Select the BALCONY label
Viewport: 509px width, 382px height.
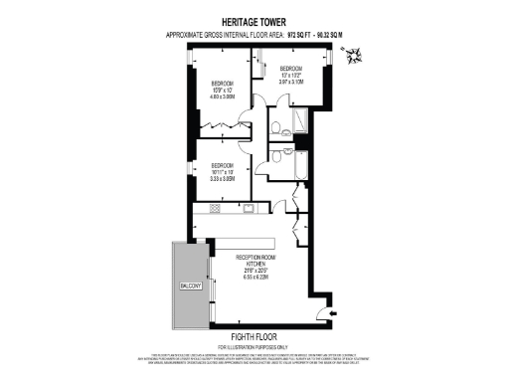191,286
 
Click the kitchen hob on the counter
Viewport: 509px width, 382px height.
214,209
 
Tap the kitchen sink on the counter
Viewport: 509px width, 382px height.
249,209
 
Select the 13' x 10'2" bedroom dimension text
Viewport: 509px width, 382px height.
296,79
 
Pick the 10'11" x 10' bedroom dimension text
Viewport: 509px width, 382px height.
221,176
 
